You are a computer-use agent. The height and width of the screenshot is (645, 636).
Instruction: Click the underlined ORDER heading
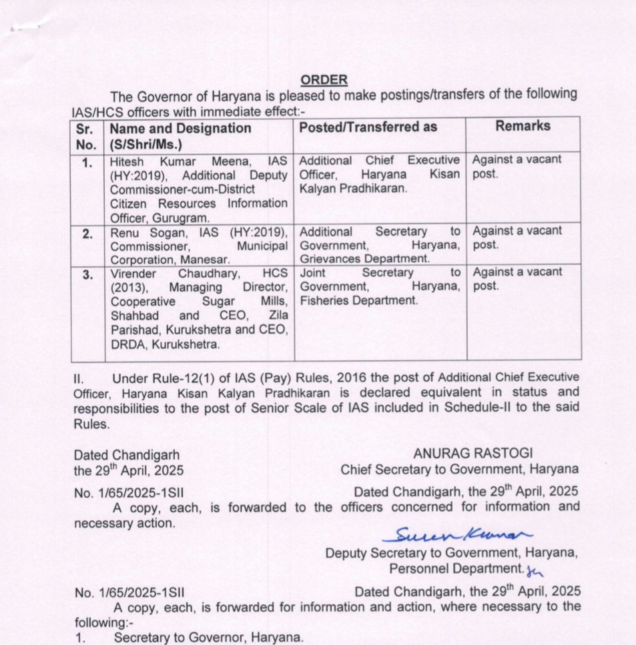point(324,80)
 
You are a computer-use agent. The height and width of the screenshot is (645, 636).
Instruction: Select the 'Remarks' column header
point(523,126)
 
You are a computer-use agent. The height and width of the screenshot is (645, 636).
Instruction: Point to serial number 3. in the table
point(87,274)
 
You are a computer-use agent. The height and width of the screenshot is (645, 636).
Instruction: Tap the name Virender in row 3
point(133,273)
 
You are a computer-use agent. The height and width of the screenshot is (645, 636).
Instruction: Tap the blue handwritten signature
point(453,534)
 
